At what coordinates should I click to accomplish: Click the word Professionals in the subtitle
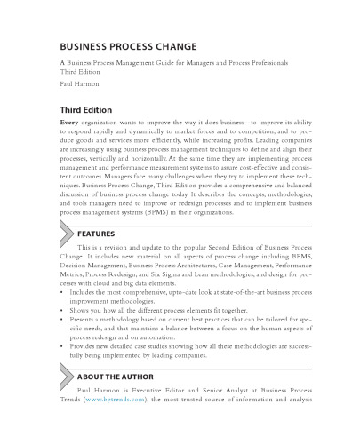click(x=271, y=66)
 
